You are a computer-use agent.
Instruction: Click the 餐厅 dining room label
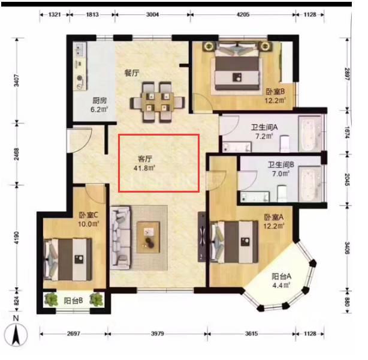point(132,73)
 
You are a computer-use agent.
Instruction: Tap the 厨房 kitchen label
point(99,101)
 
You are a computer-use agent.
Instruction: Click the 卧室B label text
point(275,91)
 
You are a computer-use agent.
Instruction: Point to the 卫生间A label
point(264,127)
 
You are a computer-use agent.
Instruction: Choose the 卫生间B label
point(280,164)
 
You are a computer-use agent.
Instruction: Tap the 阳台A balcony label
point(281,277)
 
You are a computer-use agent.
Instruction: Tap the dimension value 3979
point(157,333)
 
